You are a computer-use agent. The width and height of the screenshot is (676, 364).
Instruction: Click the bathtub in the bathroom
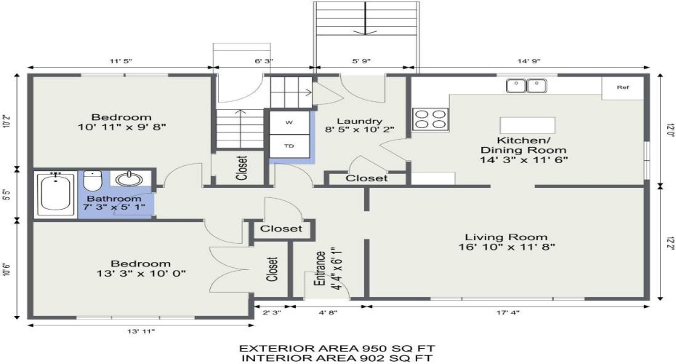click(x=55, y=194)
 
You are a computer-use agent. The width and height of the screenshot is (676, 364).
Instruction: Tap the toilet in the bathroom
click(x=93, y=181)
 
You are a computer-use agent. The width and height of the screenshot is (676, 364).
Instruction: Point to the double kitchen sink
click(x=526, y=85)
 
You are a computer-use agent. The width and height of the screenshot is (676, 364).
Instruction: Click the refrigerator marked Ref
click(x=622, y=87)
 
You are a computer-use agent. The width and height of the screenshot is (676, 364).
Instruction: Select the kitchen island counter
click(x=527, y=124)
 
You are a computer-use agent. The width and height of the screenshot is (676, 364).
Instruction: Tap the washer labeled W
click(x=289, y=122)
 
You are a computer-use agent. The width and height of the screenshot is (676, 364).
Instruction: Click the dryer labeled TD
click(x=289, y=146)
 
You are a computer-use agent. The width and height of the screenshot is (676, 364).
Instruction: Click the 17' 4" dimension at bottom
click(x=508, y=312)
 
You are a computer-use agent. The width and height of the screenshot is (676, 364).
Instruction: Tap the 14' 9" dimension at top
click(x=529, y=61)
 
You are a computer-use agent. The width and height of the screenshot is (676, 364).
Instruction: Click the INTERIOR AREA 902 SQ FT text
click(x=337, y=357)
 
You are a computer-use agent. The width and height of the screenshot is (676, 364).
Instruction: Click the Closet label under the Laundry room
click(x=366, y=178)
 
